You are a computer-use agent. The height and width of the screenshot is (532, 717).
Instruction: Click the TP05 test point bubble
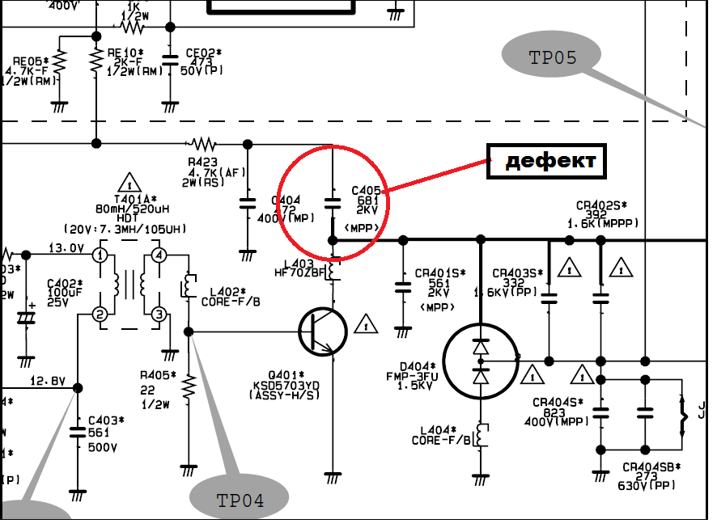pyautogui.click(x=552, y=57)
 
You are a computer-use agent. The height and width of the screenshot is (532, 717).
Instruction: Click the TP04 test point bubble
pyautogui.click(x=240, y=499)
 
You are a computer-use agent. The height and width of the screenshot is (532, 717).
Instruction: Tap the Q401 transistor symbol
pyautogui.click(x=322, y=331)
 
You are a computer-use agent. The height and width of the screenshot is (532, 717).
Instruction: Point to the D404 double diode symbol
pyautogui.click(x=482, y=361)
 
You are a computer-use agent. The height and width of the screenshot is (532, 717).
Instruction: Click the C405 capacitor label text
pyautogui.click(x=366, y=192)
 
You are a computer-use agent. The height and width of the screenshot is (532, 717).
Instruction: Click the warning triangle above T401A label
pyautogui.click(x=127, y=181)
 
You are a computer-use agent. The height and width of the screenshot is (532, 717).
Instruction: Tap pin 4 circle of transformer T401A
pyautogui.click(x=159, y=256)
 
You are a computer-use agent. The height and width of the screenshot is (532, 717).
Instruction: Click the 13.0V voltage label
pyautogui.click(x=66, y=248)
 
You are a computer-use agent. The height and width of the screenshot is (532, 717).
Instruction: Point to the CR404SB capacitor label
pyautogui.click(x=651, y=467)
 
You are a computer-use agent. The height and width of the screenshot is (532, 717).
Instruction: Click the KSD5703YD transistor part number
pyautogui.click(x=316, y=385)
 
